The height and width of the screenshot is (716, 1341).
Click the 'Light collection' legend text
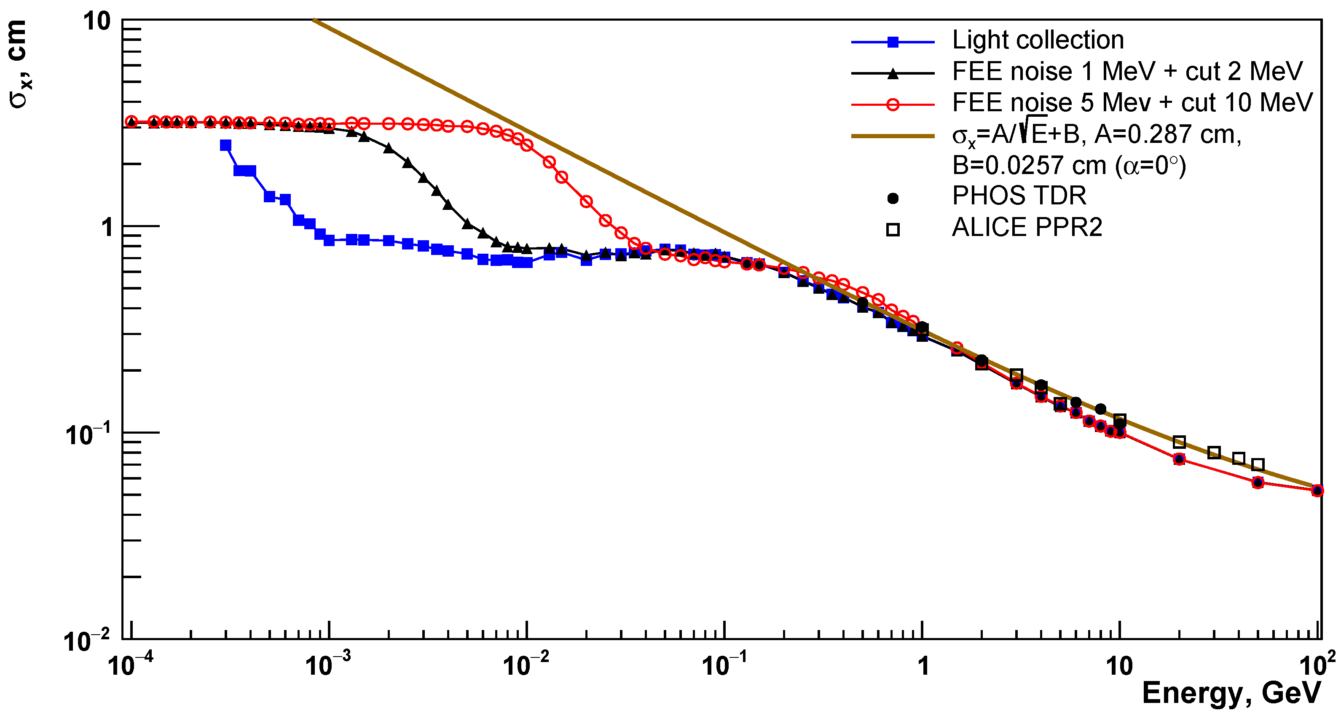1038,40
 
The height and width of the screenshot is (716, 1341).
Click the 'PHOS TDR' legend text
1019,196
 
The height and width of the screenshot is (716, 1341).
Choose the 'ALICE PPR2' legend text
1027,228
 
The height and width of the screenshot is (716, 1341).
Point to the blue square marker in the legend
892,42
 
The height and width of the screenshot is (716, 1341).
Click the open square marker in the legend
892,230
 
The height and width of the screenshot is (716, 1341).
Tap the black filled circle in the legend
892,198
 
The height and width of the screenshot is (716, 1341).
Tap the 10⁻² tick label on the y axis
86,641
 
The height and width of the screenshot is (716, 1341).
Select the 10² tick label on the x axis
1317,665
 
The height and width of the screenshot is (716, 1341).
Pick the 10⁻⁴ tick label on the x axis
130,665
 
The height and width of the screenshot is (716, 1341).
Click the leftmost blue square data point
225,145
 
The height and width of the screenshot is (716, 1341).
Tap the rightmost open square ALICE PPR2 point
1257,464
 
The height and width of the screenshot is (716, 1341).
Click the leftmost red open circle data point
132,122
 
